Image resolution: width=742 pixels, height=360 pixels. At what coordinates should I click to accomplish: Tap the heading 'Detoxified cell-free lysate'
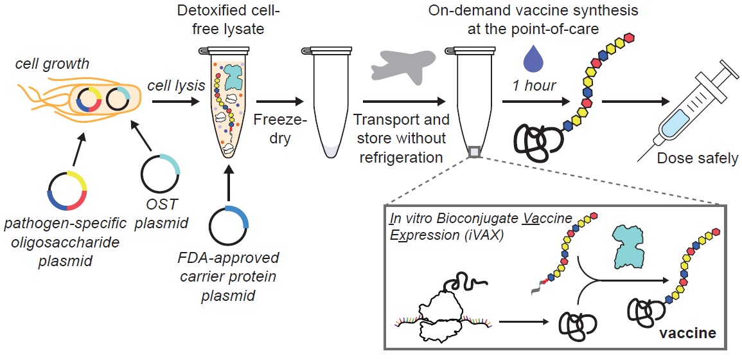[230, 21]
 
